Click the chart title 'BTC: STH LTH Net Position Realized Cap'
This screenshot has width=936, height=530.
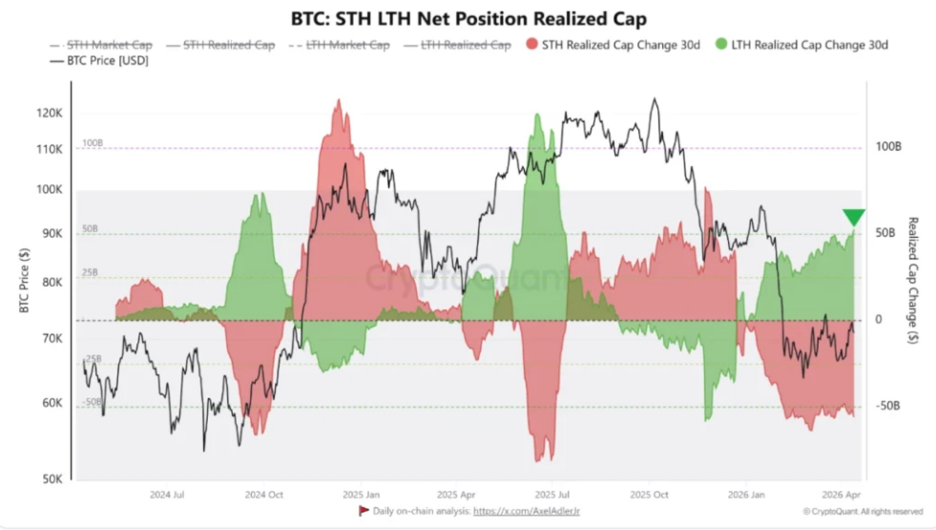[x=468, y=18]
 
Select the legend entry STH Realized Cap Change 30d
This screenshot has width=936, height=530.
[x=611, y=45]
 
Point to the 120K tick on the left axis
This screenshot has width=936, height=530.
[x=49, y=113]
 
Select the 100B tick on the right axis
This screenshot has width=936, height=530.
[x=887, y=147]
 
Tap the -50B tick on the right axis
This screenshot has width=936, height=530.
[x=887, y=406]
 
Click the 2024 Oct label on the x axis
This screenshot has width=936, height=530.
[x=264, y=496]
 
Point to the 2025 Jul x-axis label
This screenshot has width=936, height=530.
[x=552, y=496]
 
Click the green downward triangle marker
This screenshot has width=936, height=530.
[x=853, y=218]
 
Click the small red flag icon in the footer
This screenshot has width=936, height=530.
[x=363, y=511]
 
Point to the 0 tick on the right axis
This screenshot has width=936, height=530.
[x=879, y=320]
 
